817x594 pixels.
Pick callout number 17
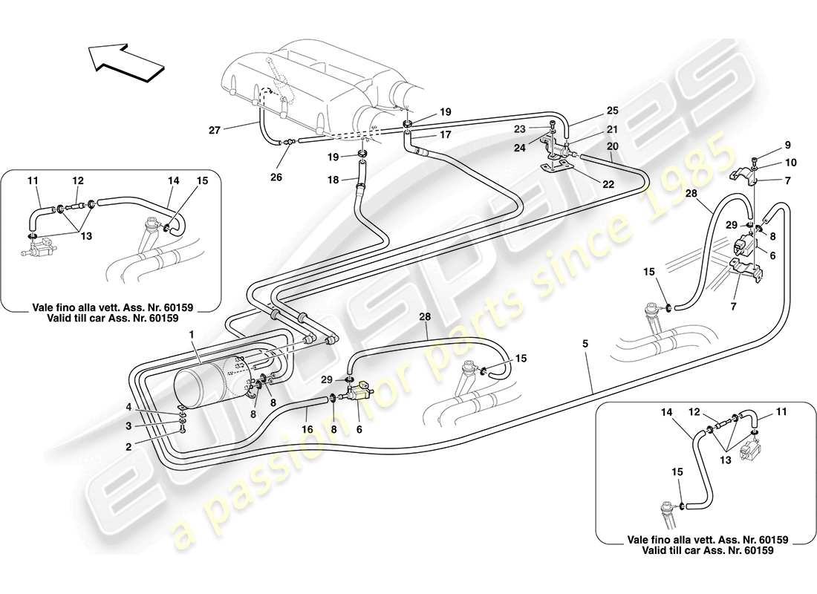point(445,135)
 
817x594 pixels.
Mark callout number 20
point(613,147)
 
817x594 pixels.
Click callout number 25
point(612,110)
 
